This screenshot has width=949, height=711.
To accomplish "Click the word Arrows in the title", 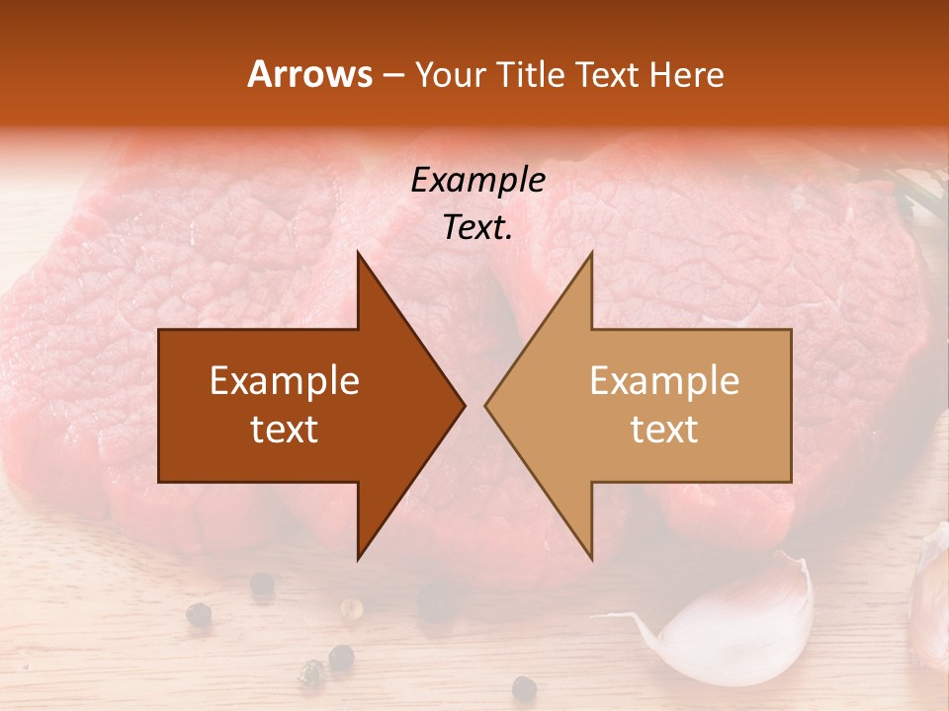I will point(309,74).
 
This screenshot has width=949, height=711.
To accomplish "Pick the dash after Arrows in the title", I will point(393,76).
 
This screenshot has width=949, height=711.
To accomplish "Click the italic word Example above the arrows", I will point(477,180).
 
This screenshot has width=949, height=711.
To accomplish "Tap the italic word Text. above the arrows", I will point(477,227).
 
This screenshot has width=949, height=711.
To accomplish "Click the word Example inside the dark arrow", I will point(285,381).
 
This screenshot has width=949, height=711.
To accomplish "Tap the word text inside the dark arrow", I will point(285,430).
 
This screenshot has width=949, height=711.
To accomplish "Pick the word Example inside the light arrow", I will point(664,381).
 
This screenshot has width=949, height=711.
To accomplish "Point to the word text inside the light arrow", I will point(664,430).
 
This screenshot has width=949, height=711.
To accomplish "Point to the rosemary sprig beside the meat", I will point(914,193).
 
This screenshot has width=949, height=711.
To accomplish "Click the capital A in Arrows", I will point(259,74).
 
